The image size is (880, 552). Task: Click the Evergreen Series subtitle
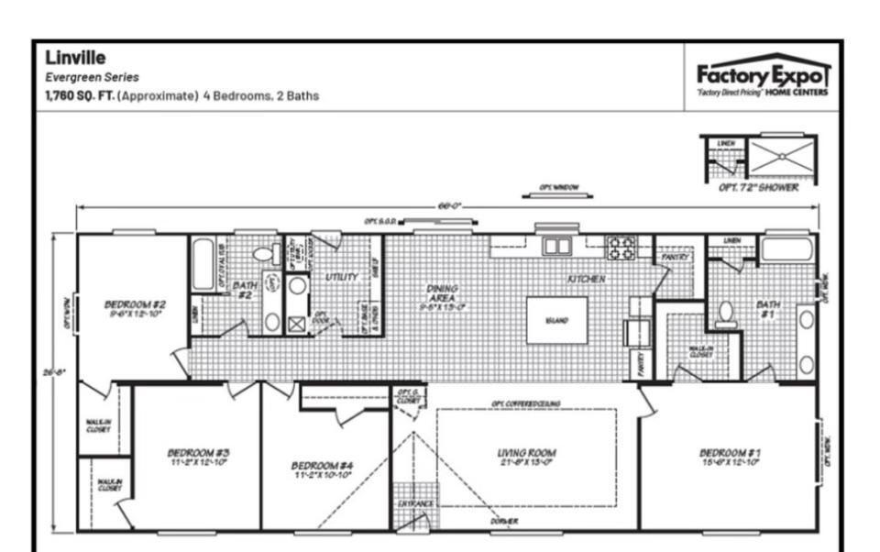click(x=92, y=78)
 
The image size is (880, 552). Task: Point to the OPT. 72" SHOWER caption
click(x=757, y=187)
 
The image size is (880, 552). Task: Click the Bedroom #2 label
click(x=135, y=308)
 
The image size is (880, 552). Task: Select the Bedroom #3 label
click(x=198, y=457)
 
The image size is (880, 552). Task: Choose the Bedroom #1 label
click(x=730, y=457)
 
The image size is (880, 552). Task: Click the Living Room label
click(x=526, y=457)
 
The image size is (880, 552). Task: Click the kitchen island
click(x=556, y=320)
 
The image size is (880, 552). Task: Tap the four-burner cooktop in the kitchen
click(x=621, y=247)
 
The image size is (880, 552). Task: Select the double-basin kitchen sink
click(x=556, y=246)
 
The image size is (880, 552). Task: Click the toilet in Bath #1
click(x=726, y=314)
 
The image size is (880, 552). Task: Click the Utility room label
click(x=341, y=276)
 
